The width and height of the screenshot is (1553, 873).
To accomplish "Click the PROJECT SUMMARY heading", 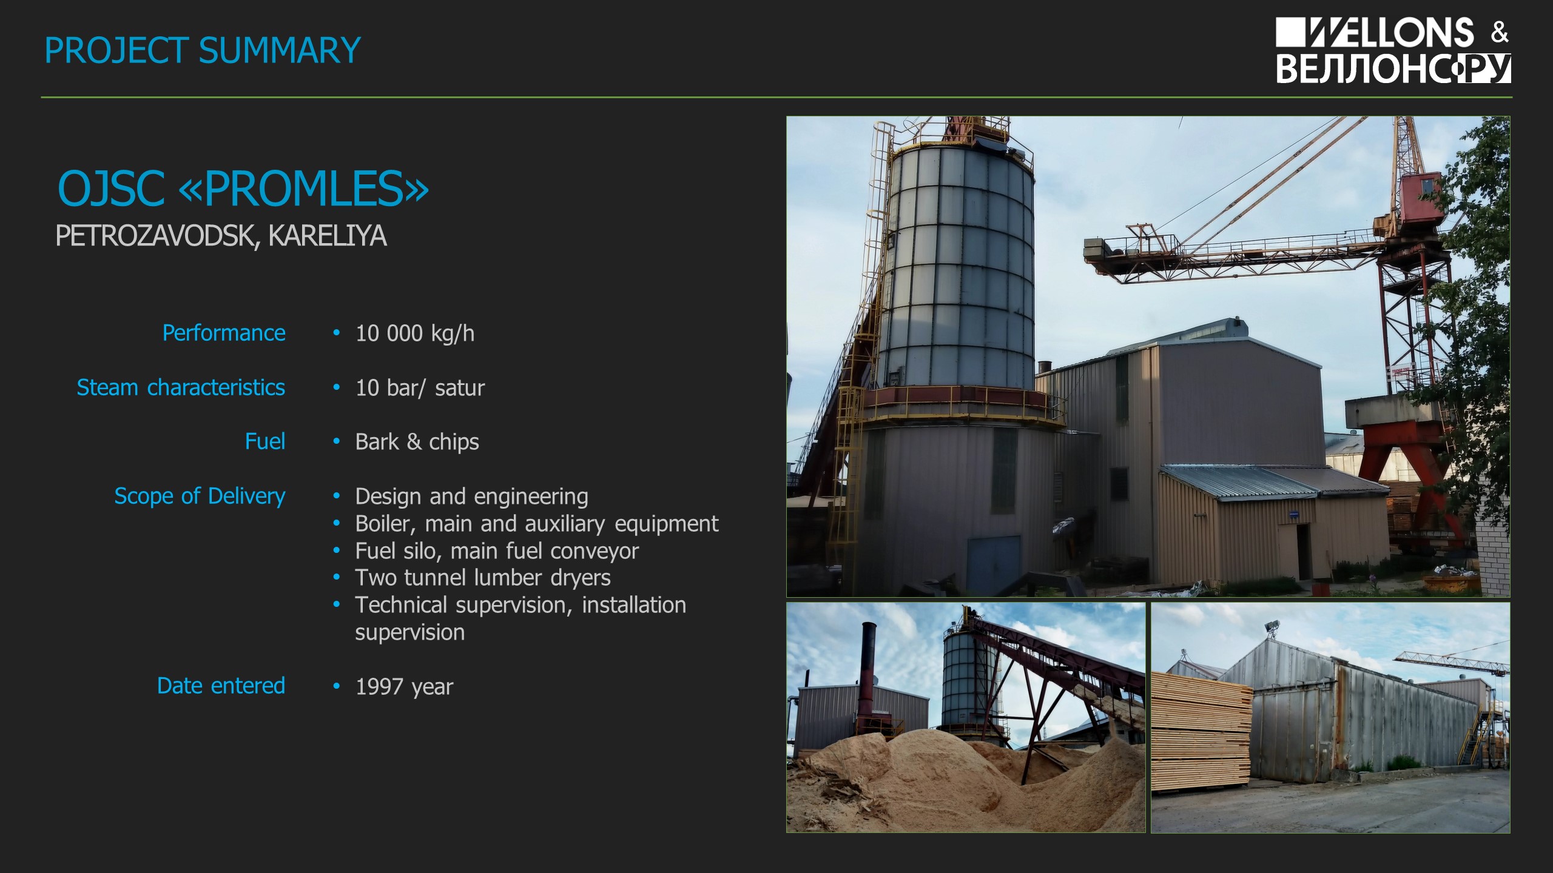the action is (203, 50).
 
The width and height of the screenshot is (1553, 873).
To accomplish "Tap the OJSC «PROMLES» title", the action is (243, 188).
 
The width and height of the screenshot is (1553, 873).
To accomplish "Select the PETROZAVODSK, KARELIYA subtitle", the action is (221, 236).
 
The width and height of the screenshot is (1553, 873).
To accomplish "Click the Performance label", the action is (224, 333).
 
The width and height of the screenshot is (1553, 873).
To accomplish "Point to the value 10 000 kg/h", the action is (415, 333).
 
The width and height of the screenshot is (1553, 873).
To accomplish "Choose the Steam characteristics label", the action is (181, 387).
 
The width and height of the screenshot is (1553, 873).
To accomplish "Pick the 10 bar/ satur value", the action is (420, 388).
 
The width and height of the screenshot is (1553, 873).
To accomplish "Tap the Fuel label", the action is (265, 441).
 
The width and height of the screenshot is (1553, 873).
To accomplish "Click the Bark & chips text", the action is (417, 442).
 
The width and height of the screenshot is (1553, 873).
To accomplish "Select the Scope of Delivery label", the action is (200, 496).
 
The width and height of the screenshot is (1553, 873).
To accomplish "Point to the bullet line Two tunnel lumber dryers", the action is (483, 578).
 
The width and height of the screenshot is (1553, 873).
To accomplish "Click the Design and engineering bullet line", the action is (472, 497).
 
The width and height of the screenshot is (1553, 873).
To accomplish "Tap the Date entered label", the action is (221, 686).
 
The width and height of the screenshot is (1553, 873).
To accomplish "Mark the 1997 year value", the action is (404, 687).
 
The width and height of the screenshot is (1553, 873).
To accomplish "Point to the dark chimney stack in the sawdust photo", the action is (869, 673).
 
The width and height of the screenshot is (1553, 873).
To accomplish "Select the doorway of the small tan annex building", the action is (1303, 552).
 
